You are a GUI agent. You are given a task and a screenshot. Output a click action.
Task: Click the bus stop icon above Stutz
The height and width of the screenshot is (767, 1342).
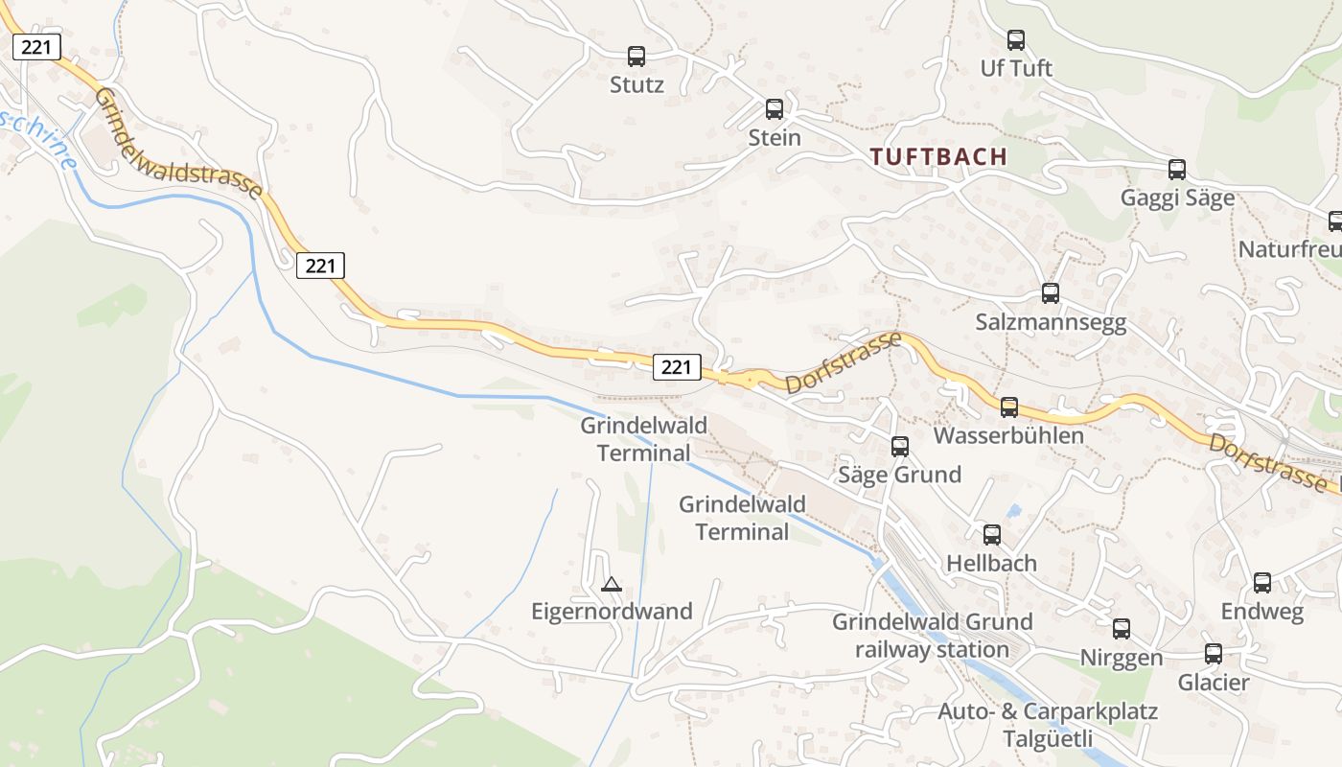(x=636, y=57)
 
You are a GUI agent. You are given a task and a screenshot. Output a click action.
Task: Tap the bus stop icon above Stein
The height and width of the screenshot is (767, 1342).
(x=775, y=109)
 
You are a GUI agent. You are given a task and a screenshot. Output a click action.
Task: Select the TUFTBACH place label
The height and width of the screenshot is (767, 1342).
(x=938, y=156)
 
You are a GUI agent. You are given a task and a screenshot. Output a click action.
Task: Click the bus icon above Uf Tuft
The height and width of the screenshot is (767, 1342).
(x=1016, y=40)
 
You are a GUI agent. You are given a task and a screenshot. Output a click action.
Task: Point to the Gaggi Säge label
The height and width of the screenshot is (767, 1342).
(x=1177, y=198)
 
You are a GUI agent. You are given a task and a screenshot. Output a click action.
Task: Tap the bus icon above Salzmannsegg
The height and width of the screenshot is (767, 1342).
(x=1051, y=293)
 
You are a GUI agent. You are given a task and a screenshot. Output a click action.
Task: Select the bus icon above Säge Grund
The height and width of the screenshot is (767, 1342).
(x=899, y=446)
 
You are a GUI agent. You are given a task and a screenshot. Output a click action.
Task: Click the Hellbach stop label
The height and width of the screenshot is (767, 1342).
(x=991, y=563)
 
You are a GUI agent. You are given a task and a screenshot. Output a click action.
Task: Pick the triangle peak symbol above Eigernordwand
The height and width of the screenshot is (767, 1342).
(x=611, y=583)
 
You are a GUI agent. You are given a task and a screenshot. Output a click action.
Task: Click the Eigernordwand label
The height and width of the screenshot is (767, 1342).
(x=612, y=611)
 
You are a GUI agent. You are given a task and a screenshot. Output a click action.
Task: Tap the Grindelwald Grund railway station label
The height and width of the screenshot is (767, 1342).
(x=932, y=635)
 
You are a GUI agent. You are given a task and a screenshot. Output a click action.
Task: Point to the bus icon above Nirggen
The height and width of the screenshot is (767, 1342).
(x=1122, y=629)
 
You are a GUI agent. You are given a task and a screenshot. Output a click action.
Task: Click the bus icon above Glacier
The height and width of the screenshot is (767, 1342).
(x=1214, y=654)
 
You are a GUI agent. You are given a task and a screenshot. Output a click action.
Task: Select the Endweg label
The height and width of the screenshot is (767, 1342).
(x=1261, y=611)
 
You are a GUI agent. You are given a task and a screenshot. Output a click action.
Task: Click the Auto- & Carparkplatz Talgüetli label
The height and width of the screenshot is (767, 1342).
(x=1048, y=725)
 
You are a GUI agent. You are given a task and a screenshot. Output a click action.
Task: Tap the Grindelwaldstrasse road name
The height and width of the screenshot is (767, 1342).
(x=178, y=145)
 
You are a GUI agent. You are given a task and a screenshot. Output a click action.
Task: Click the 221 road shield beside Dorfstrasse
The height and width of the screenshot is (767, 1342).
(x=677, y=366)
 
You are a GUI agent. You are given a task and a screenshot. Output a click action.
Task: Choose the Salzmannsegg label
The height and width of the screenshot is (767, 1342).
(x=1051, y=322)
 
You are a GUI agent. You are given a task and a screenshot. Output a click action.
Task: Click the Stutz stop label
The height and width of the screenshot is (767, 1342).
(x=636, y=84)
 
